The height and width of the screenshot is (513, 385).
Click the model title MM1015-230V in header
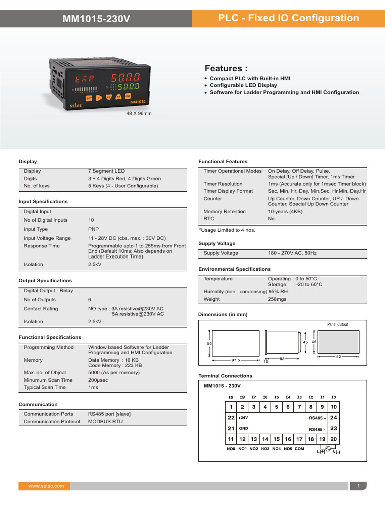coord(96,19)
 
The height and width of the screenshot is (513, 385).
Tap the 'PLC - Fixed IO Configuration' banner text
coord(289,18)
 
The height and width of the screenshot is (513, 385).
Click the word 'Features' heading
coord(226,68)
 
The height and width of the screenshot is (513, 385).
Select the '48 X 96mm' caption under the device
coord(138,114)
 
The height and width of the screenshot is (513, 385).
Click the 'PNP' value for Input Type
coord(93,229)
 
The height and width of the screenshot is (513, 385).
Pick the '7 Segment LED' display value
coord(106,171)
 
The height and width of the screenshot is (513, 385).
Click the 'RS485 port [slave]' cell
coord(109,414)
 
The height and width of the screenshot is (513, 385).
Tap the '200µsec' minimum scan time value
coord(100,380)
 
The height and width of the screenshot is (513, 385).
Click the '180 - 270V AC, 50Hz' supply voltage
coord(292,253)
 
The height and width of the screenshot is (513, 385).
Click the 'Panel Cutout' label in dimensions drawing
coord(337,325)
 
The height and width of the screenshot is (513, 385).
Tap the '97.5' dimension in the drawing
coord(236,360)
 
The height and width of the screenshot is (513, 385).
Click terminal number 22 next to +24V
coord(231,417)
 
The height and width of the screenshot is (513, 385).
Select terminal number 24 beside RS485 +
coord(334,417)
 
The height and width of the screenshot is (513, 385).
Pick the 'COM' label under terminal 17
coord(299,449)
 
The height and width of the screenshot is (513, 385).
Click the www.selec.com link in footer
coord(46,486)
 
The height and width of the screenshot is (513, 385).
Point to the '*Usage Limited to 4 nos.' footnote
coord(227,230)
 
